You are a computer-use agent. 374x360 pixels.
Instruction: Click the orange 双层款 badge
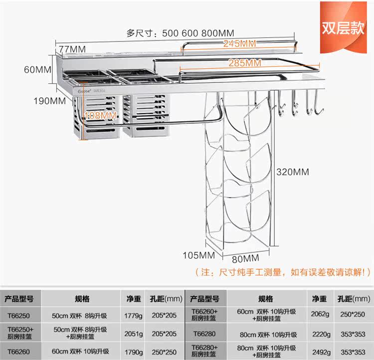(343, 27)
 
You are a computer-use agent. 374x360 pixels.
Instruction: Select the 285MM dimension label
(245, 63)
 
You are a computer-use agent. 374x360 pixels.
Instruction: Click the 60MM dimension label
(38, 69)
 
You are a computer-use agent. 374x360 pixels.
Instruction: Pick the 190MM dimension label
(50, 101)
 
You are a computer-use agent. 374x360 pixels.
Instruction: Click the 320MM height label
(293, 172)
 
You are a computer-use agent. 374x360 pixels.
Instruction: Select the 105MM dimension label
(198, 255)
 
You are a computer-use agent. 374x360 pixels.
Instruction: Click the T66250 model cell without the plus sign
(19, 316)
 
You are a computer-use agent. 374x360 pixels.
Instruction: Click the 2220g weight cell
(319, 334)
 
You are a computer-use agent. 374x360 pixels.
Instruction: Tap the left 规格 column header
(82, 299)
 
